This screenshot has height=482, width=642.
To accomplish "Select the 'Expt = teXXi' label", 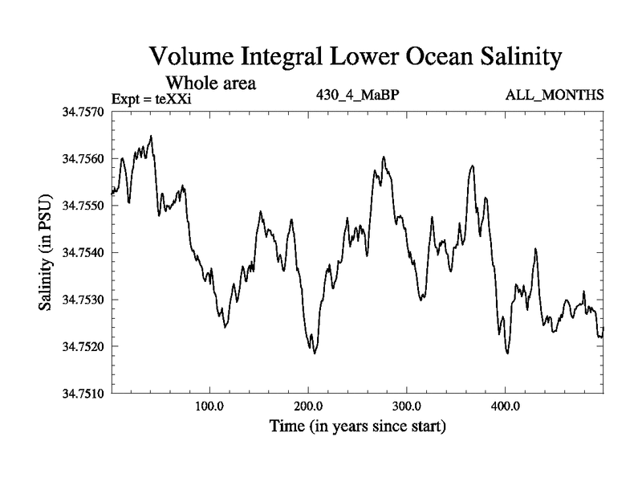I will pyautogui.click(x=152, y=99).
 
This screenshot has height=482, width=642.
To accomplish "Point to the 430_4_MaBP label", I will pyautogui.click(x=359, y=96).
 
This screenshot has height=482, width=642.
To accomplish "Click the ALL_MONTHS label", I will pyautogui.click(x=554, y=96).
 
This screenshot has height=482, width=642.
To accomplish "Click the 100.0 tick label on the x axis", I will pyautogui.click(x=209, y=406).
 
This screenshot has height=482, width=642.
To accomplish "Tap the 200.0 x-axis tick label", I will pyautogui.click(x=308, y=406).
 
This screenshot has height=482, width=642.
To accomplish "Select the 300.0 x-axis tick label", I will pyautogui.click(x=407, y=406).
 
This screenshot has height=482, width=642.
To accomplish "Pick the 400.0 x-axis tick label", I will pyautogui.click(x=506, y=406).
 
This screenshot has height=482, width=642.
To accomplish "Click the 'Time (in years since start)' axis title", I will pyautogui.click(x=357, y=425).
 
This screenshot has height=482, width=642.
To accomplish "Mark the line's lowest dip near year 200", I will pyautogui.click(x=315, y=353).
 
